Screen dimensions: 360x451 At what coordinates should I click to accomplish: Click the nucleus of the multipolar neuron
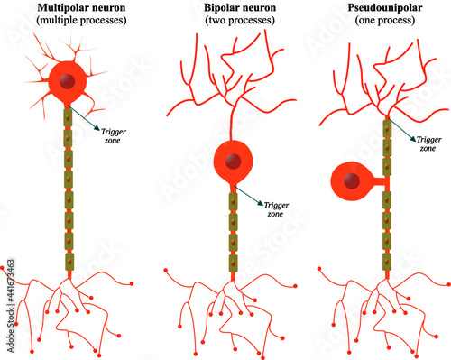pyautogui.click(x=67, y=83)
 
